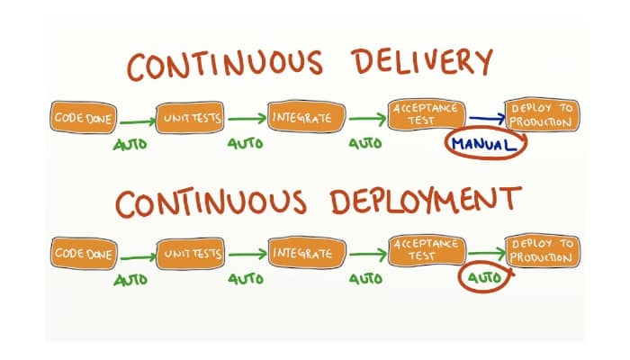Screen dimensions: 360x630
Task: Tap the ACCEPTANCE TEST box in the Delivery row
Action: pyautogui.click(x=425, y=114)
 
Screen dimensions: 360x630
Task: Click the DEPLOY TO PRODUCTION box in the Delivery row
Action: pyautogui.click(x=542, y=115)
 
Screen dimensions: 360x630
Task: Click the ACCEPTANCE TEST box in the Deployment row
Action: pyautogui.click(x=425, y=251)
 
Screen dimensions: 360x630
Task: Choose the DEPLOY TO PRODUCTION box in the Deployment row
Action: pyautogui.click(x=542, y=251)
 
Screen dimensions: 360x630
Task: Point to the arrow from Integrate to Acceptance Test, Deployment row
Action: pyautogui.click(x=366, y=255)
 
